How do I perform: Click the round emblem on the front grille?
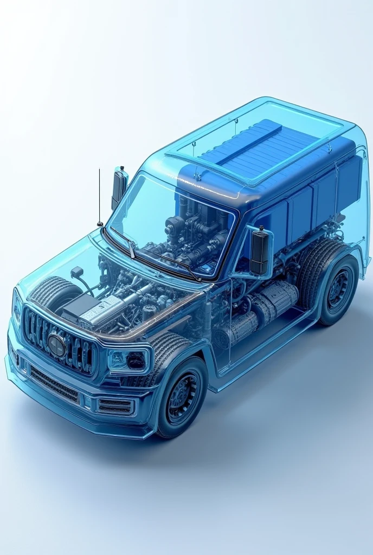pyautogui.click(x=56, y=345)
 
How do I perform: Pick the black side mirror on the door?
pyautogui.click(x=260, y=251)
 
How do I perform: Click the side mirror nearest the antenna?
pyautogui.click(x=119, y=188)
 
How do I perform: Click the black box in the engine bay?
pyautogui.click(x=80, y=307)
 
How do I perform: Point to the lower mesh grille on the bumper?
pyautogui.click(x=54, y=384)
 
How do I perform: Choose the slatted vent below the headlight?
pyautogui.click(x=115, y=406)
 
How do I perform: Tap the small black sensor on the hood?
pyautogui.click(x=76, y=272)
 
